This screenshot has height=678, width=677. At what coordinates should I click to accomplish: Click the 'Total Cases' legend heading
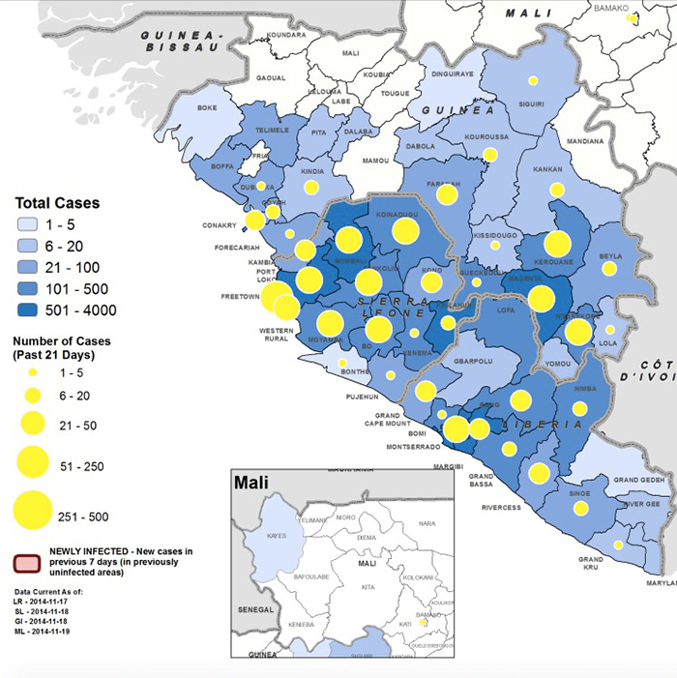point(57,204)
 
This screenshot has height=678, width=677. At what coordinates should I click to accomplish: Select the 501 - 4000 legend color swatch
point(34,310)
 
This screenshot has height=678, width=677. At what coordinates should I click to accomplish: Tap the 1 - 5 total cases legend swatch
point(34,225)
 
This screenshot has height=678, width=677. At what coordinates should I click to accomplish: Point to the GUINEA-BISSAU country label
point(181,41)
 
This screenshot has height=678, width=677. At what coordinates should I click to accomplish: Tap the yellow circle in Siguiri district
point(532,81)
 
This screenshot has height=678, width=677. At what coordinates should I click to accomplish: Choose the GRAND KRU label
point(591,563)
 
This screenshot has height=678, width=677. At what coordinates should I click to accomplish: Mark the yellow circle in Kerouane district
point(557,244)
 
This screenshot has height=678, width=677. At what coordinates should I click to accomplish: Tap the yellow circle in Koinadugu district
point(405,230)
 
